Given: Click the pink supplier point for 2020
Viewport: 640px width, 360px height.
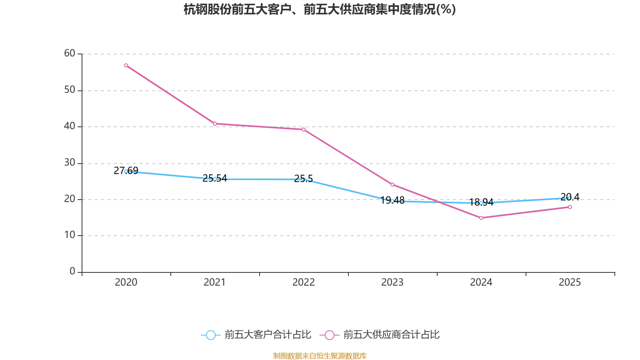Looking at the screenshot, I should point(126,65).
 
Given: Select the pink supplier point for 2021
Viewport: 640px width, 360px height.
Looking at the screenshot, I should point(215,124).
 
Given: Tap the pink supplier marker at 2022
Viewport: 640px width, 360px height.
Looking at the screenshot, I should point(304,129).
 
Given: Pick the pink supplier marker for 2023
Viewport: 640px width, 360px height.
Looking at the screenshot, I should point(392,184).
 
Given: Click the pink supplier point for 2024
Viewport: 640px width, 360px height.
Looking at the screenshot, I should point(481,218).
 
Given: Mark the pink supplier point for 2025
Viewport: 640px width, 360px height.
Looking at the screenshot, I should point(570,207).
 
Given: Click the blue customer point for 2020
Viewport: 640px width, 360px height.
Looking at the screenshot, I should point(126,171).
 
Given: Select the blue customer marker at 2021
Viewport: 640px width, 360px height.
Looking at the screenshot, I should point(215,179).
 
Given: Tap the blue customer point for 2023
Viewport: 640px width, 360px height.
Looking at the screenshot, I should point(392,201).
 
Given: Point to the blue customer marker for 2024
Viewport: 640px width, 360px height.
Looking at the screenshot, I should point(481,203).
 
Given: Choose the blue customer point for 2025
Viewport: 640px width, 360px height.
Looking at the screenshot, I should point(570,198).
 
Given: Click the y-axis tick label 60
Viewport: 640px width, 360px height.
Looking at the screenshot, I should point(70,53).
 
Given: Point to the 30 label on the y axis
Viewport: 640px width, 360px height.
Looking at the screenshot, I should point(70,162).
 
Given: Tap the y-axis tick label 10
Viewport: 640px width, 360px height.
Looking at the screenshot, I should point(70,235).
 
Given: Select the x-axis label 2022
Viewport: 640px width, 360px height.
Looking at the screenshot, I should point(304,282).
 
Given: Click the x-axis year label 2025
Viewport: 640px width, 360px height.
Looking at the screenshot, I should point(570,282).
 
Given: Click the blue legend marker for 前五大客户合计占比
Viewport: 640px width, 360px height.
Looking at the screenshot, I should point(210,335).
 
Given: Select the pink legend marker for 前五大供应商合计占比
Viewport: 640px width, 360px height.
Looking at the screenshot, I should point(330,335).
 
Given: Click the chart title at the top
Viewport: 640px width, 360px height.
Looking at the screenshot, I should point(320,9).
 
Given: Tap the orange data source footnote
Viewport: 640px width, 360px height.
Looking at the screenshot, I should point(320,356).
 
